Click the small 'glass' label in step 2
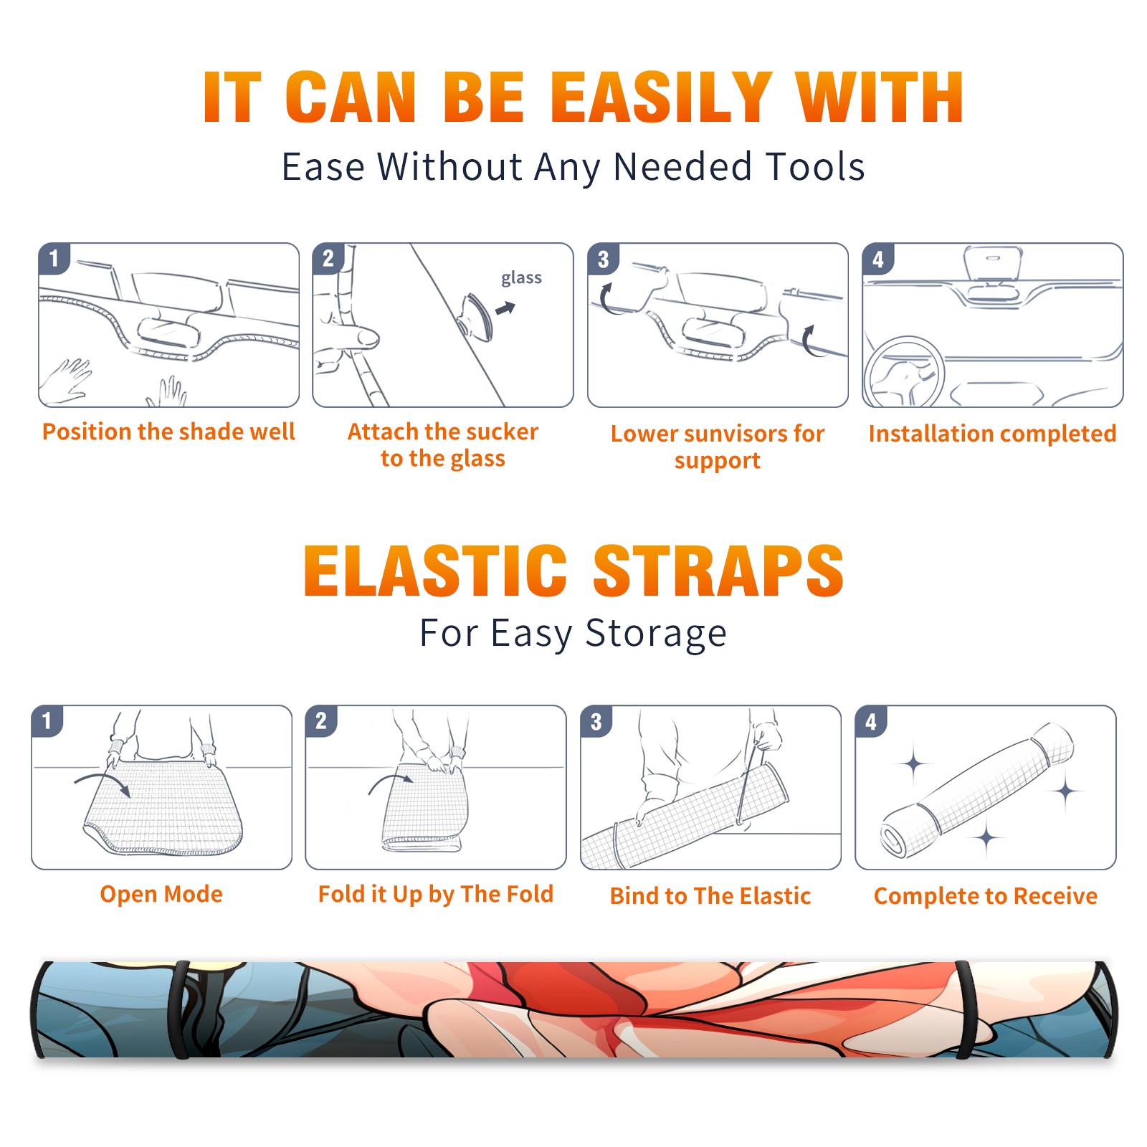click(x=521, y=278)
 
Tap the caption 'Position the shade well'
click(x=168, y=432)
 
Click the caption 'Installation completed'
click(x=992, y=433)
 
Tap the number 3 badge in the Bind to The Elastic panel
click(x=596, y=722)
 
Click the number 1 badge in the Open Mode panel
click(x=47, y=721)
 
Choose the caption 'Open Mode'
click(x=161, y=894)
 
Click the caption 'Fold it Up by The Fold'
click(x=435, y=894)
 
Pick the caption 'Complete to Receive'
click(x=985, y=896)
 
